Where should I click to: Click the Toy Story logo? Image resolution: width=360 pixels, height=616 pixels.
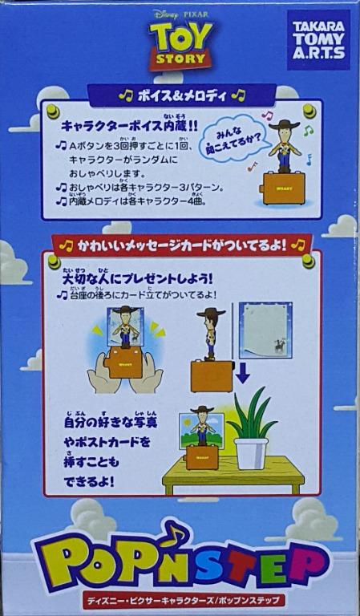tap(180, 46)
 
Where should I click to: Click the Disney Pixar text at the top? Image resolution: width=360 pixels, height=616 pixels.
tap(180, 14)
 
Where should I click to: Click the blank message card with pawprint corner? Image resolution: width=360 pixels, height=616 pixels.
tap(265, 330)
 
